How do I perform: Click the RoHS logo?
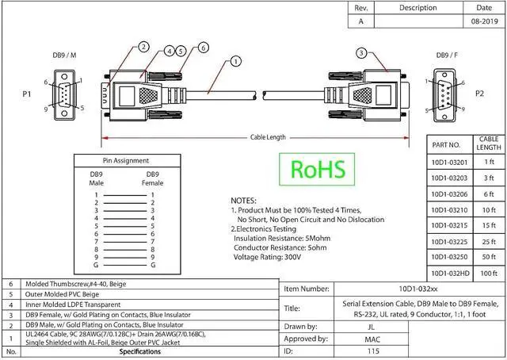[317, 170]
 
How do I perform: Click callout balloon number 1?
[236, 61]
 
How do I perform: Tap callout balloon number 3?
[361, 53]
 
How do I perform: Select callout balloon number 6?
[203, 48]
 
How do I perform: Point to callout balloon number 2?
[143, 47]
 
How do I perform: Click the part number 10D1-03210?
[449, 210]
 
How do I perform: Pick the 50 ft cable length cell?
[489, 257]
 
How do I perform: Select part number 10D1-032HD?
[450, 274]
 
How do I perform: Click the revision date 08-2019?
[484, 21]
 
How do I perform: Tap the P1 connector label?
[27, 94]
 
